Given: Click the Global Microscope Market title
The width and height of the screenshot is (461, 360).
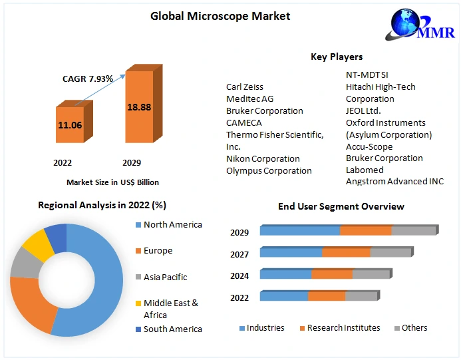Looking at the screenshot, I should tap(220, 16).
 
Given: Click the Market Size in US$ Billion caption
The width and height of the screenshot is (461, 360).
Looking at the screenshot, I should tap(112, 182).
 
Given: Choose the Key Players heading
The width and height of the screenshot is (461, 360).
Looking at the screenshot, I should tap(337, 57).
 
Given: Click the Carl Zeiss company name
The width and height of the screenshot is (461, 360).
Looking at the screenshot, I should tap(245, 87).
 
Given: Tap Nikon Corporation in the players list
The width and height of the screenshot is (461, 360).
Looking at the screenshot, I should tap(263, 158).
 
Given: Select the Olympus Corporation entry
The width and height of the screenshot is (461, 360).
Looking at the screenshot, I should tap(269, 170).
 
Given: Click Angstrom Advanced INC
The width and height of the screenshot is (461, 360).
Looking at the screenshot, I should tap(394, 182).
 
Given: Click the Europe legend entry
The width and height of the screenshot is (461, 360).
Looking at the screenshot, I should tap(158, 250).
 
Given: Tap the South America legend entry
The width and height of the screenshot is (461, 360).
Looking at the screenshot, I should tap(172, 329).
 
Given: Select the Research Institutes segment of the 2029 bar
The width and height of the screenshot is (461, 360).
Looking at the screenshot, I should tap(365, 231).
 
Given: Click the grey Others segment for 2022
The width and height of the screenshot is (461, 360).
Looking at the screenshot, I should tap(361, 296).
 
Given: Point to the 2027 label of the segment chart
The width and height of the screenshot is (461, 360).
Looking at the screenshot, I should tap(239, 254).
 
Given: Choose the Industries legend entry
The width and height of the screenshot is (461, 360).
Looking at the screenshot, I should tap(265, 327).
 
